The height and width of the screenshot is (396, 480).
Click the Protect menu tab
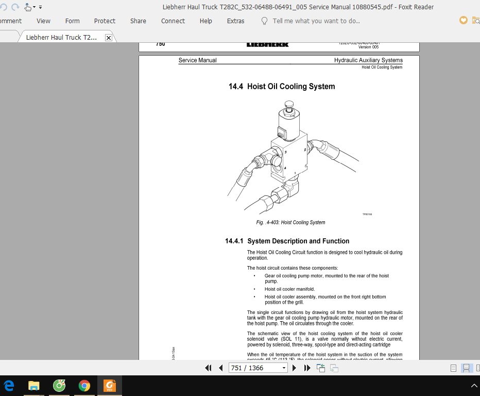tap(105, 21)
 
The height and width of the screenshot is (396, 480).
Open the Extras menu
tap(235, 21)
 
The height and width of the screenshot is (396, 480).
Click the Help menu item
tap(205, 21)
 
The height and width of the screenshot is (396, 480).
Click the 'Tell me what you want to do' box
tap(316, 21)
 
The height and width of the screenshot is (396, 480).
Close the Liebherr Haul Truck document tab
tap(108, 38)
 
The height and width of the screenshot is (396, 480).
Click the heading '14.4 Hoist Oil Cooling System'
tap(282, 87)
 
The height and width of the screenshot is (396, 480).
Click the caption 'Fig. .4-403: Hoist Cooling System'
tap(290, 222)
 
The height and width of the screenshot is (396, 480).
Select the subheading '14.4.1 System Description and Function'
tap(287, 241)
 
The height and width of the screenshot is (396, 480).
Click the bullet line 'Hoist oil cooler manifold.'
tap(289, 289)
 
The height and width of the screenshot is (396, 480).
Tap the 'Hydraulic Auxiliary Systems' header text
tap(368, 60)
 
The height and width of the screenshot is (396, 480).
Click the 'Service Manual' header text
tap(197, 60)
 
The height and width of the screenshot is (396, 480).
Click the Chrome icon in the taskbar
tap(84, 385)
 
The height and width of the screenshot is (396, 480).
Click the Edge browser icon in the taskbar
tap(9, 385)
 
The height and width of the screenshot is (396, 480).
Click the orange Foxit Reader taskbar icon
tap(109, 385)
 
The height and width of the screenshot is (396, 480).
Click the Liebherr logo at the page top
tap(268, 44)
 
